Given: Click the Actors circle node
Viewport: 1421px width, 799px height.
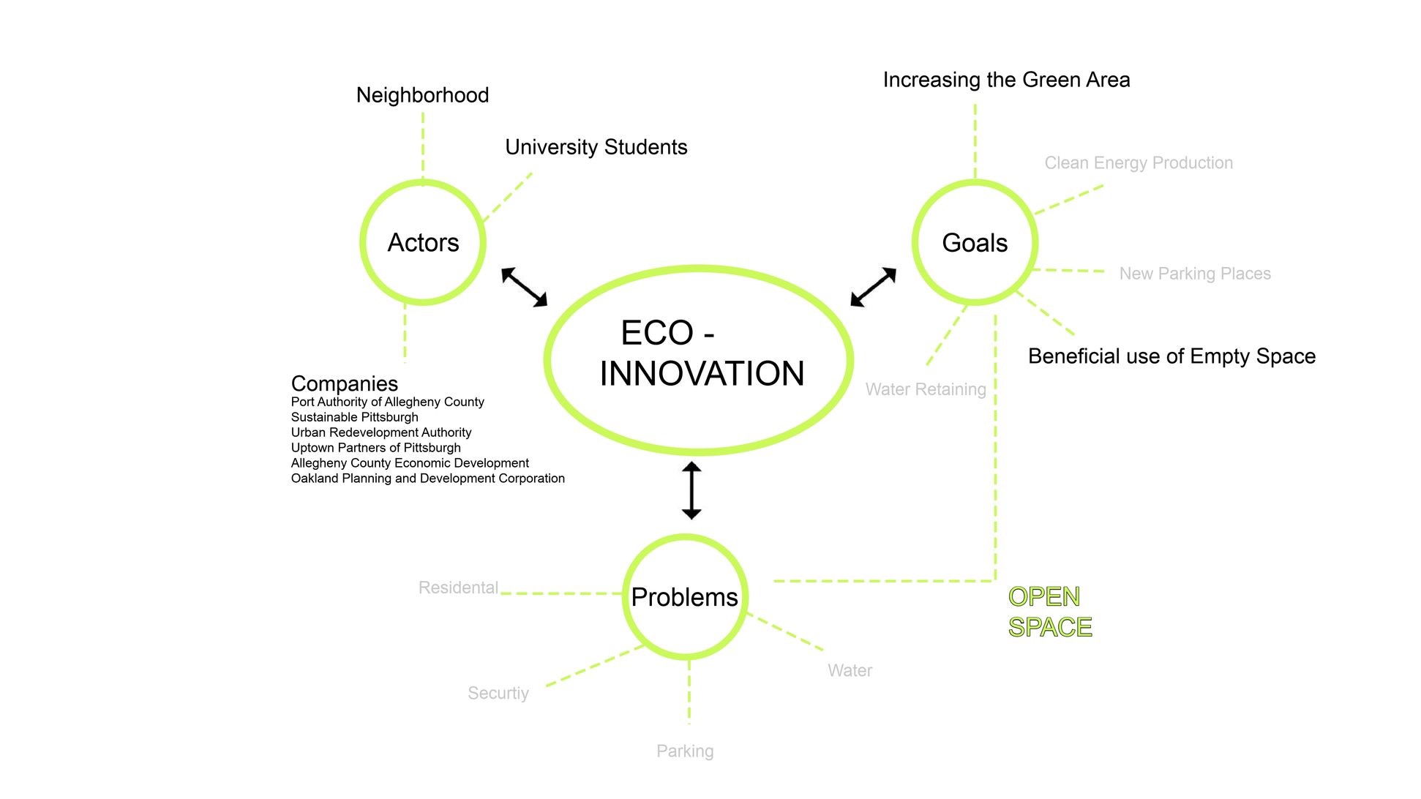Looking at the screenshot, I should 423,242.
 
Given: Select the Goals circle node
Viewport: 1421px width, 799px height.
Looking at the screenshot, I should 975,242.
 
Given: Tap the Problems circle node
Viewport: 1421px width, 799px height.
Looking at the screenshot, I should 685,597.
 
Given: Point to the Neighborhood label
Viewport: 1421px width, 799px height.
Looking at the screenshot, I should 422,95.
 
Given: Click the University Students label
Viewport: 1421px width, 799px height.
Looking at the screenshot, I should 596,147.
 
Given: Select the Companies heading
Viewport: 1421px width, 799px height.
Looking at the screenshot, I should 344,383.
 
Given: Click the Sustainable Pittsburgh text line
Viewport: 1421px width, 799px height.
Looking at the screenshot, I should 355,417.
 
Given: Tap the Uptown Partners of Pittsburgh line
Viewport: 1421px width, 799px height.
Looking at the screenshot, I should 376,448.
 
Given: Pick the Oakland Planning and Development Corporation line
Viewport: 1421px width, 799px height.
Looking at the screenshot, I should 428,479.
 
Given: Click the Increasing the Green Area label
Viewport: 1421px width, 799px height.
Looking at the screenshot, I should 1006,80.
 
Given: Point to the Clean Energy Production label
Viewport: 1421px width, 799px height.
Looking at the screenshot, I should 1139,163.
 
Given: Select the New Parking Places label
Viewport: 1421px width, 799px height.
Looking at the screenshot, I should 1195,274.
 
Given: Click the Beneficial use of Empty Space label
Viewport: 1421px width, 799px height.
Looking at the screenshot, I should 1171,356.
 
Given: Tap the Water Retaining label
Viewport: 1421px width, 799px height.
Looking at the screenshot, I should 926,389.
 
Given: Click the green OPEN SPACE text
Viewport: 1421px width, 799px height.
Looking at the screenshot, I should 1049,612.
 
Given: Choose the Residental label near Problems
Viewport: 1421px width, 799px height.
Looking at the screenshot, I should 458,588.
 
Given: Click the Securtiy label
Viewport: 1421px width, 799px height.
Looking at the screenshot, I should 498,693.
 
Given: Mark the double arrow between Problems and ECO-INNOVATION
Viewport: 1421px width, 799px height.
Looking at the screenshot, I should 691,490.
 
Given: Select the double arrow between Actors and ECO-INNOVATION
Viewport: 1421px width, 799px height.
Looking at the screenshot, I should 524,287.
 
